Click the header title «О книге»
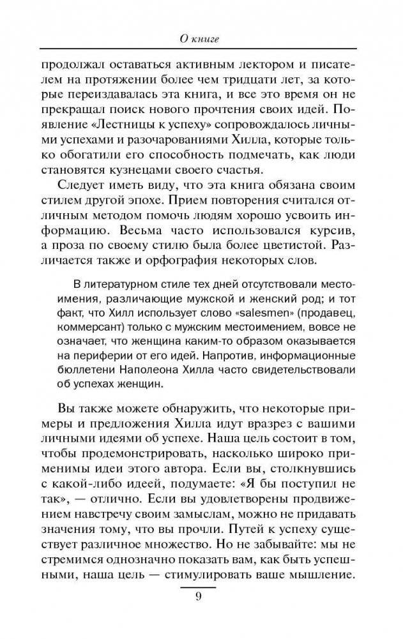click(x=201, y=40)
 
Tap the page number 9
click(x=199, y=597)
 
